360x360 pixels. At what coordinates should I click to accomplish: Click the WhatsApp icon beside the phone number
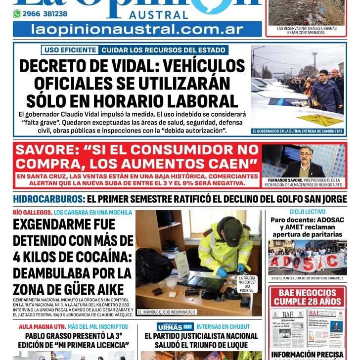click(x=17, y=14)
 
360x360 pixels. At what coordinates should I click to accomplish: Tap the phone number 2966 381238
click(x=45, y=14)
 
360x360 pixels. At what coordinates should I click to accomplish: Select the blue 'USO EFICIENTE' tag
click(x=69, y=50)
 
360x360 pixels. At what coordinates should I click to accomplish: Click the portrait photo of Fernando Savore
click(x=303, y=161)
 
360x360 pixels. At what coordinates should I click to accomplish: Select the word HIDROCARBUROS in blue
click(x=49, y=199)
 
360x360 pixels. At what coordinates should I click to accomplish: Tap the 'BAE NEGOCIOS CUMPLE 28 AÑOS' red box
click(x=307, y=297)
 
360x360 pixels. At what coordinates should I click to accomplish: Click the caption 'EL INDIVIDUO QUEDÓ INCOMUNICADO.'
click(x=167, y=312)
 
